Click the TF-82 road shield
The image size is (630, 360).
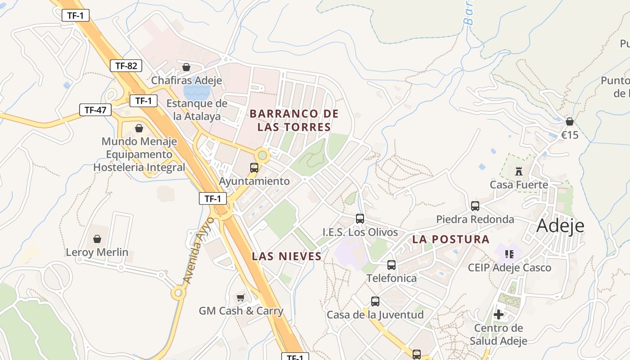126,66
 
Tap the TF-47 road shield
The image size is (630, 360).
95,109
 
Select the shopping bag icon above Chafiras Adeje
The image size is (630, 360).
186,67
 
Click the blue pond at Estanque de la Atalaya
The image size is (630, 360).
196,92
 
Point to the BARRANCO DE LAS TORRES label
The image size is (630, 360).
294,120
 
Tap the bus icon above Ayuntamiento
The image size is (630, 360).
254,168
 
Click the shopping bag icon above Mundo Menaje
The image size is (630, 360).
139,128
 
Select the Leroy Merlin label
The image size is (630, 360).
97,252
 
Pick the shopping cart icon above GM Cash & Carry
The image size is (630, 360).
241,297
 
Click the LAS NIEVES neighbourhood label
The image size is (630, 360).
287,256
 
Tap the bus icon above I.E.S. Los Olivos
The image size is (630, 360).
360,219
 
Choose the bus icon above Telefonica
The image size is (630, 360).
391,265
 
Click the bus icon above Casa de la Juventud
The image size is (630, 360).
375,301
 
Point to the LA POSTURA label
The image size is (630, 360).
451,239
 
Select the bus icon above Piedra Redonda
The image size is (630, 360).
475,206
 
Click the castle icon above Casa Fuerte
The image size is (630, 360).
519,171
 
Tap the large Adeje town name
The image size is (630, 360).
560,225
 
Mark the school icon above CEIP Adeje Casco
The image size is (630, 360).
509,254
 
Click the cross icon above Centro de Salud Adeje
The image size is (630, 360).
499,315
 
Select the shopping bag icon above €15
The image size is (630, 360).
570,121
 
